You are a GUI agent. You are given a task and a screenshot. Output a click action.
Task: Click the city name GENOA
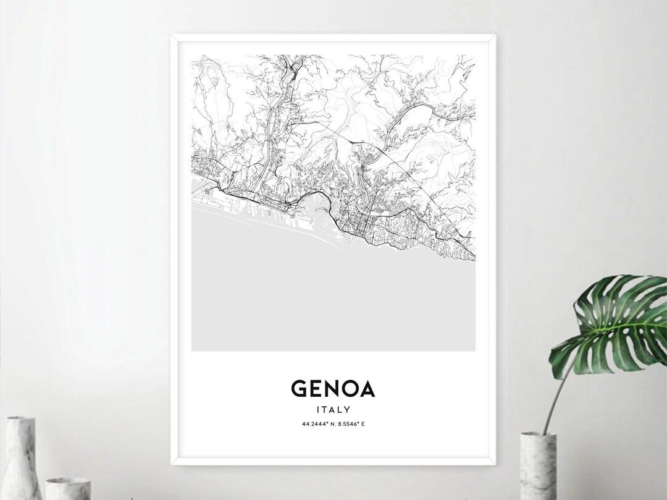pos(333,389)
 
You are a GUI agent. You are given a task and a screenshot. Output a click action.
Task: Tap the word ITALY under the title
pos(333,409)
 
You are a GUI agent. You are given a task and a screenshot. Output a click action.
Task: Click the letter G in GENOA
pos(298,389)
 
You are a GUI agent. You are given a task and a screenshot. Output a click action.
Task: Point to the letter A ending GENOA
pos(366,389)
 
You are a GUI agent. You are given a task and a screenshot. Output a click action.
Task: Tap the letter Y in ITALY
pos(348,409)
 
